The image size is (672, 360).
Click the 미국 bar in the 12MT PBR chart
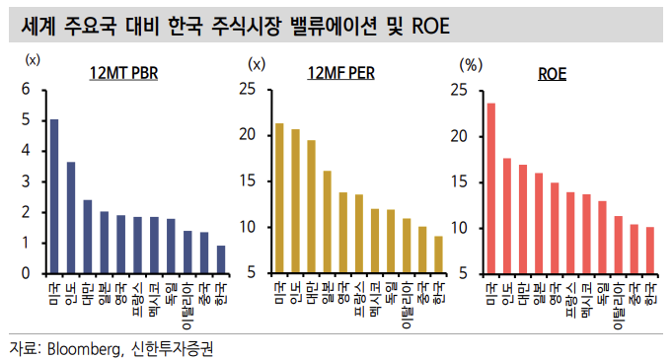pos(54,195)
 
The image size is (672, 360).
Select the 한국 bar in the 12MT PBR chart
pos(220,259)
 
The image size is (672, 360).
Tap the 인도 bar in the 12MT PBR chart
pos(71,217)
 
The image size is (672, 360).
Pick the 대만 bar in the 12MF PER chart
pos(311,206)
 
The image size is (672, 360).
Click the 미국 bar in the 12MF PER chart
pos(279,197)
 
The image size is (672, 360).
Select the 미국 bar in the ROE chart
pos(491,187)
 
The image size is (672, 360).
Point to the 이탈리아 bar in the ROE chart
pos(618,244)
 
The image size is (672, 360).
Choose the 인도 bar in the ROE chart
pos(507,215)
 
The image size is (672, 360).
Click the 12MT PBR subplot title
pos(125,73)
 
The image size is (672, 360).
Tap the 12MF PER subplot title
pos(346,73)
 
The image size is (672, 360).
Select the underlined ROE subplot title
pos(553,73)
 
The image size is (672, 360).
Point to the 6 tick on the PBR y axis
pos(26,90)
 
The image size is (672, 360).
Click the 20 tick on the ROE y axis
pos(458,136)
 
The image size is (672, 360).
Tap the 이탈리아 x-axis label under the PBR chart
pos(187,305)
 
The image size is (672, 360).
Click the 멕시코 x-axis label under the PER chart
pos(375,295)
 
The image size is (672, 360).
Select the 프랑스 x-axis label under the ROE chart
pos(570,295)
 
